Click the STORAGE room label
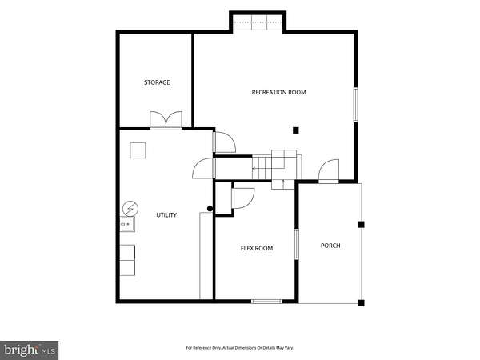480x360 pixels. [157, 82]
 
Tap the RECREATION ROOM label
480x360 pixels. [278, 92]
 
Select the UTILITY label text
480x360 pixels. [166, 215]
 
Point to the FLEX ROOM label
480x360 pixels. [257, 248]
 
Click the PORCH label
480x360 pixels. [330, 246]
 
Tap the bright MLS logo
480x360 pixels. [29, 350]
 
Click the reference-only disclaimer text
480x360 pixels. [240, 348]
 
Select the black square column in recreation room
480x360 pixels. [295, 130]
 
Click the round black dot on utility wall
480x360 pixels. [210, 209]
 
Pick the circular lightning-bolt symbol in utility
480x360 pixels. [130, 209]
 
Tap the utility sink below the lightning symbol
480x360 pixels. [127, 224]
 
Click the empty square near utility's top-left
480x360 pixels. [138, 150]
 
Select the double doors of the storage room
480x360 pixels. [166, 121]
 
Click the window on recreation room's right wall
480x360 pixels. [356, 105]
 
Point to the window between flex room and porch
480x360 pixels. [296, 244]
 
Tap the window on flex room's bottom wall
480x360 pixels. [266, 302]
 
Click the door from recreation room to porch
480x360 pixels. [329, 171]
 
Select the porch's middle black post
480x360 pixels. [362, 225]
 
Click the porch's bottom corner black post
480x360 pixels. [362, 303]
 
